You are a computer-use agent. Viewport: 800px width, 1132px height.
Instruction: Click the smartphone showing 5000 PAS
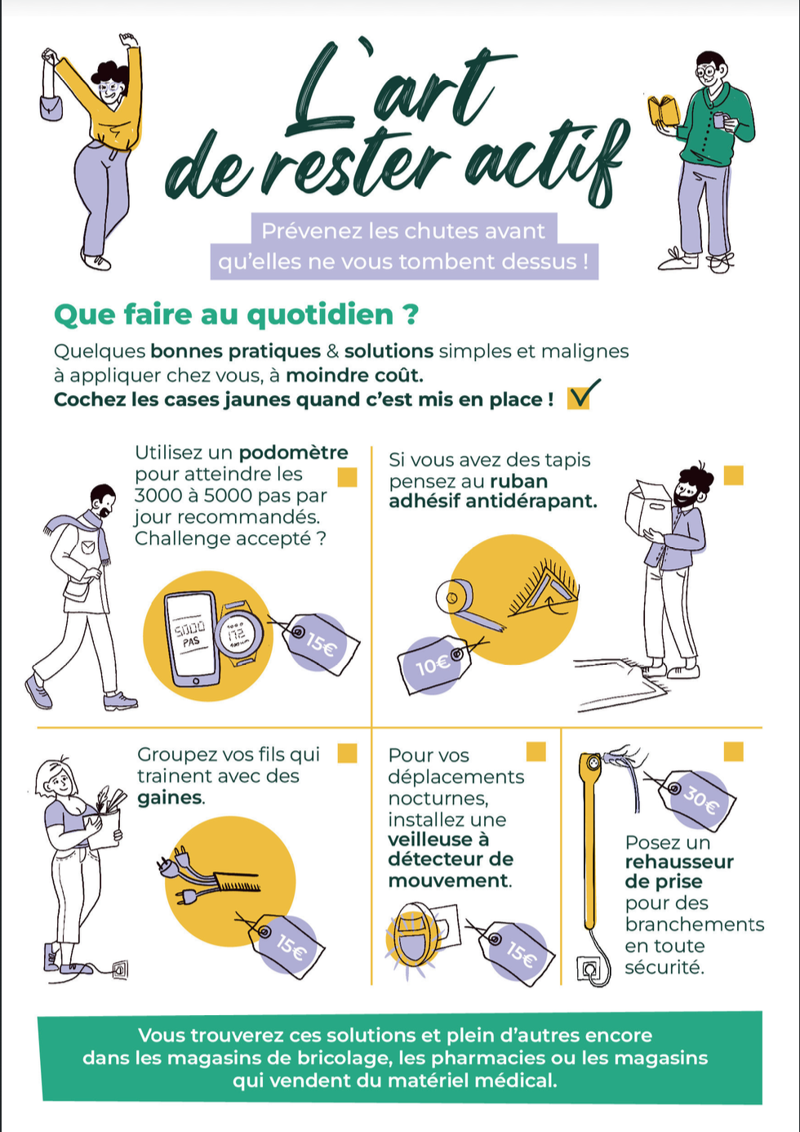click(191, 639)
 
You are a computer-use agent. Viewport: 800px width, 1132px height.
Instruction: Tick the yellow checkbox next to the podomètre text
click(347, 477)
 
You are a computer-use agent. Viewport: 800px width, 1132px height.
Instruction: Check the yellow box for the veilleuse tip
click(536, 751)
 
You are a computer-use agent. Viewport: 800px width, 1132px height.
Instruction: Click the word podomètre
click(293, 452)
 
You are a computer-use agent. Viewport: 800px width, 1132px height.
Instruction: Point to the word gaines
click(170, 797)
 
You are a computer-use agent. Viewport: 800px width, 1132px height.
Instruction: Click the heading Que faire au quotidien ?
click(237, 314)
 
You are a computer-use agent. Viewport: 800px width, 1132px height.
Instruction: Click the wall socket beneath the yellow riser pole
click(589, 969)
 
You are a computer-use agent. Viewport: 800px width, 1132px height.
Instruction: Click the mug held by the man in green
click(719, 120)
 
